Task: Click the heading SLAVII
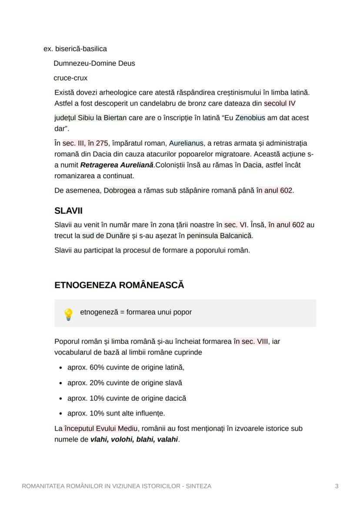(68, 211)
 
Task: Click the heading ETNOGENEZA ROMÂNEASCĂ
(119, 285)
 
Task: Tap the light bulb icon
(68, 314)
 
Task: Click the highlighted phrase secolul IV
(280, 103)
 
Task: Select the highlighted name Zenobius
(250, 118)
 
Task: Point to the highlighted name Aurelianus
(186, 143)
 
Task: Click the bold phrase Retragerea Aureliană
(117, 165)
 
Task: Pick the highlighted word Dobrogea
(120, 190)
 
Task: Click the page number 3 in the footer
(337, 486)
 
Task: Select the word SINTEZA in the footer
(198, 486)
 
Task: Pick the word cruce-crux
(70, 78)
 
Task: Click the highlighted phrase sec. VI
(235, 225)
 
